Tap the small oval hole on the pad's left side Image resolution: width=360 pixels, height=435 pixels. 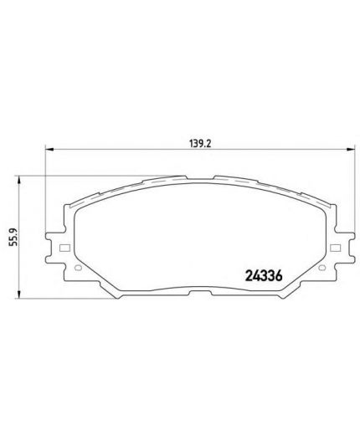coord(77,269)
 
